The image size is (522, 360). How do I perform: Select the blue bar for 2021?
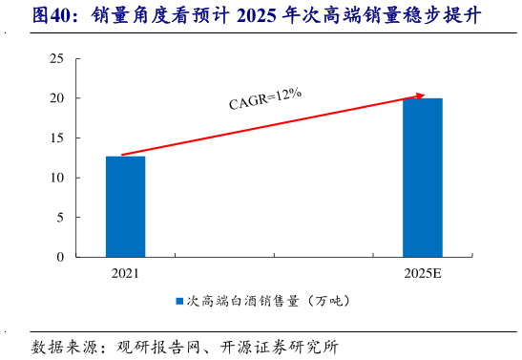(126, 206)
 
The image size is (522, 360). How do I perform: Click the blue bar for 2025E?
(423, 178)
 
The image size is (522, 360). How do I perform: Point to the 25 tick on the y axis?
(56, 59)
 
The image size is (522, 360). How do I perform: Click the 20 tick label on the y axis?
(56, 98)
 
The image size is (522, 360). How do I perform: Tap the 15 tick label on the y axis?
(56, 138)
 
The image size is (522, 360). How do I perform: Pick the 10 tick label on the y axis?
(56, 178)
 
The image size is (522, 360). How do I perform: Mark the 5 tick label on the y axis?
(60, 218)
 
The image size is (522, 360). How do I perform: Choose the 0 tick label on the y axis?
(60, 257)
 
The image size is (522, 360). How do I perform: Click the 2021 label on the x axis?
(125, 274)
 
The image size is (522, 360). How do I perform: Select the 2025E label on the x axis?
(423, 274)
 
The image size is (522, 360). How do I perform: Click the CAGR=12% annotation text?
(265, 98)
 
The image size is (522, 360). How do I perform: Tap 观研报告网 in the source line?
(158, 346)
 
